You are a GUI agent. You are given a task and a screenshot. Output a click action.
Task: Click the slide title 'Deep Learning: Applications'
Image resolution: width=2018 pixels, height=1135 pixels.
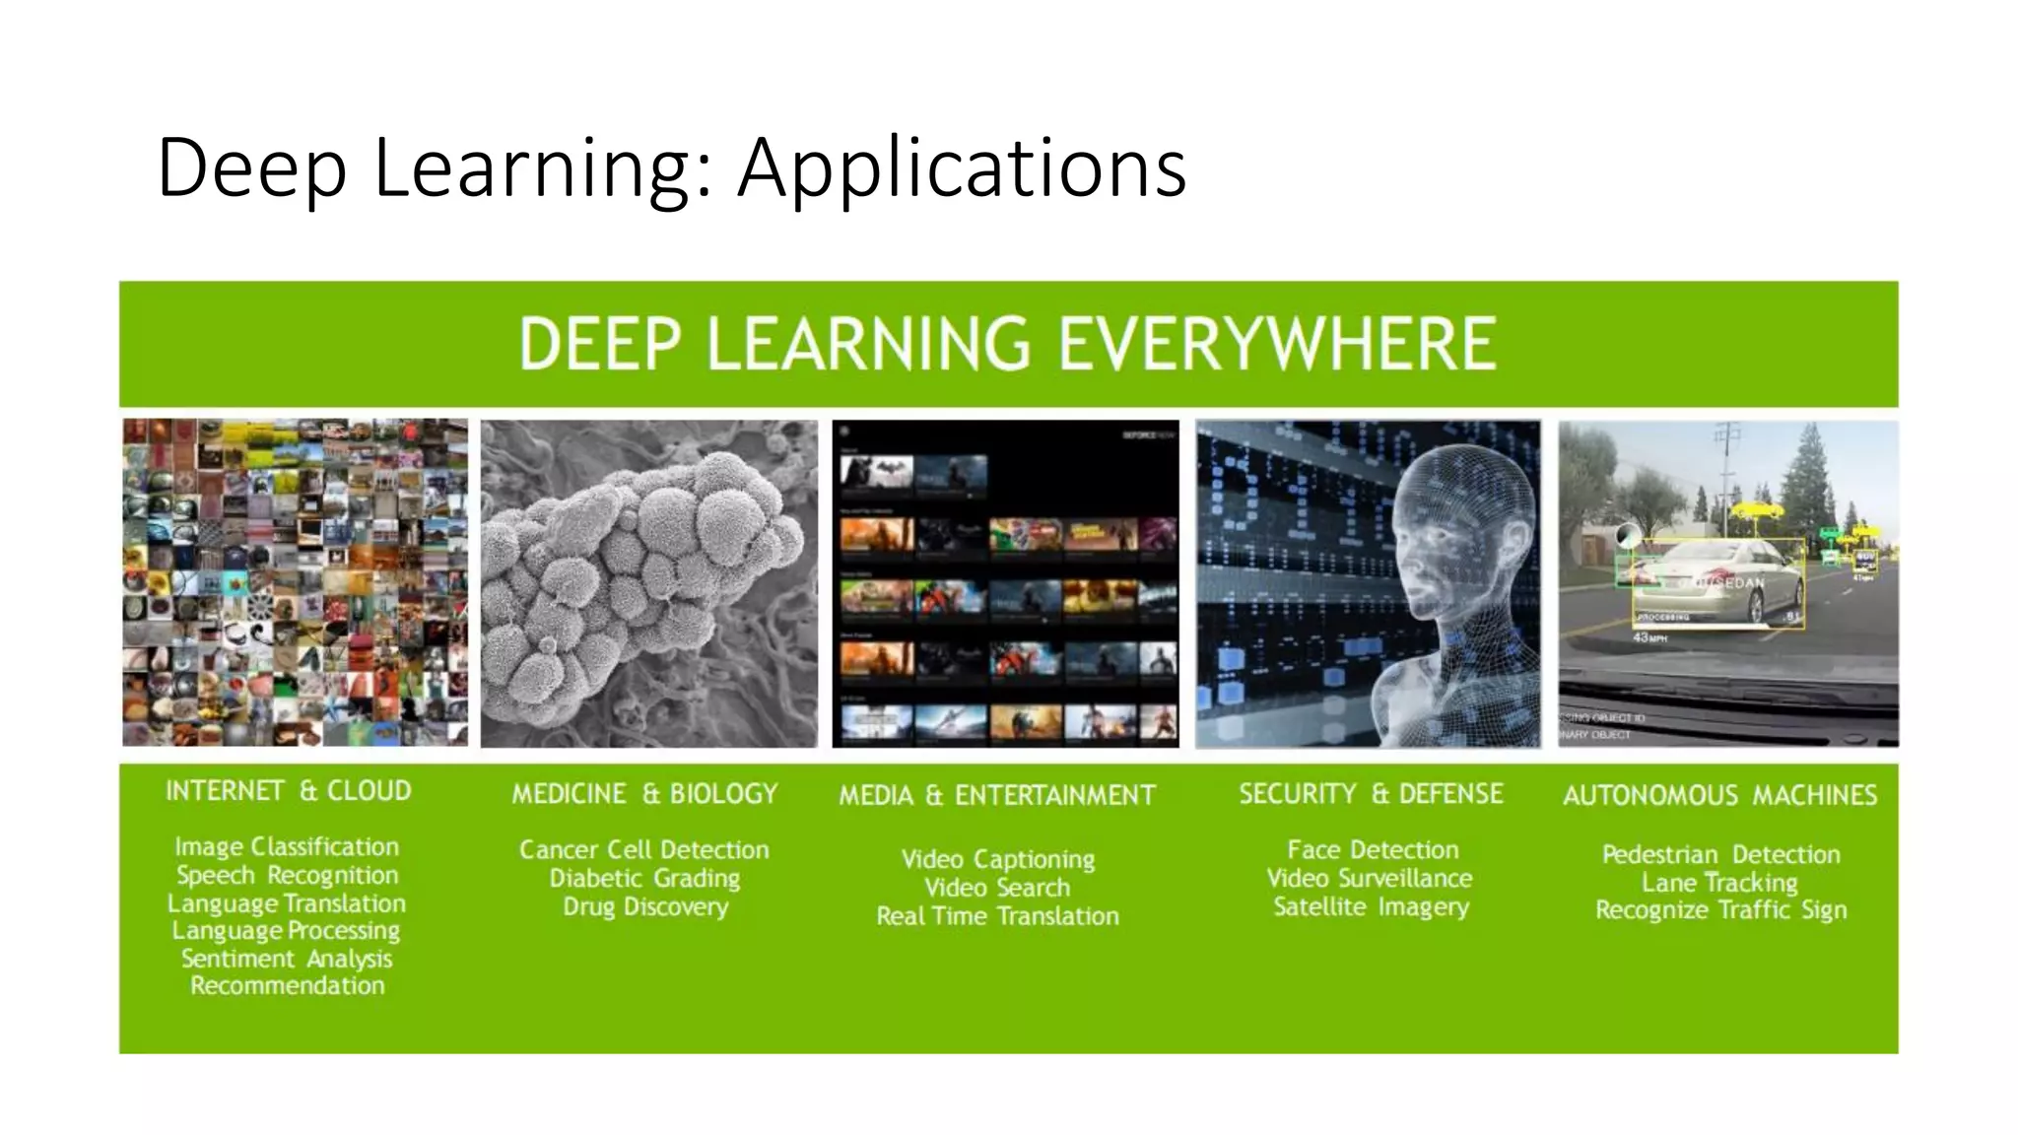coord(671,167)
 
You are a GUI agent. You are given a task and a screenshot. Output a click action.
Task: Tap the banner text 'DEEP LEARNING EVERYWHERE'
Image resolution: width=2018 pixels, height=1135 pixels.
coord(1007,344)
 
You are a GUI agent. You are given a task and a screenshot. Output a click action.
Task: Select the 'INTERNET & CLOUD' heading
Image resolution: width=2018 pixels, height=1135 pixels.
coord(288,791)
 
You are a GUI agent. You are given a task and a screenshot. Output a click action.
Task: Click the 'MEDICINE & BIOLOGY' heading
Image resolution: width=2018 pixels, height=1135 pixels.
coord(644,794)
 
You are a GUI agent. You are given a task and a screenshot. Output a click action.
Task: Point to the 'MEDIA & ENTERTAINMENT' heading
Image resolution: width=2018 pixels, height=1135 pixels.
coord(997,795)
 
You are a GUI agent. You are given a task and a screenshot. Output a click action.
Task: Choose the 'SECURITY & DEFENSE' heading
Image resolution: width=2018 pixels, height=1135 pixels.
coord(1371,794)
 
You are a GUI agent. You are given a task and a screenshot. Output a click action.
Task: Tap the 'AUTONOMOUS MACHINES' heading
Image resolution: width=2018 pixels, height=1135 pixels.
coord(1719,795)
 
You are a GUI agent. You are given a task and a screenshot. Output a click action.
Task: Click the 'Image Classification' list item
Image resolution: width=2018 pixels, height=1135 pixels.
coord(287,847)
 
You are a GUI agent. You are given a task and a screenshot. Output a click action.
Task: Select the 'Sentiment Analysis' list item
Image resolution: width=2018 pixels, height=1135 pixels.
coord(287,959)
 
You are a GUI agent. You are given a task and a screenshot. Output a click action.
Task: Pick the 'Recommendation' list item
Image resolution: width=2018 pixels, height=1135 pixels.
coord(287,986)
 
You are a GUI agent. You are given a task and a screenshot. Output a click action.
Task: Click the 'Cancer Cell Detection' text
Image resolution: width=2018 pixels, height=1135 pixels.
coord(644,850)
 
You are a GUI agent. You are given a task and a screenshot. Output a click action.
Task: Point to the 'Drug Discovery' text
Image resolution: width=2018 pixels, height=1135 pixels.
coord(645,906)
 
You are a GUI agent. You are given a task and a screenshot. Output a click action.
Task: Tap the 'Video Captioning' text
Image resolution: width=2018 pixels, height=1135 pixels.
coord(997,859)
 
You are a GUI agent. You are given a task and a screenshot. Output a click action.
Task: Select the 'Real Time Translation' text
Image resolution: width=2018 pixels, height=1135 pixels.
coord(997,916)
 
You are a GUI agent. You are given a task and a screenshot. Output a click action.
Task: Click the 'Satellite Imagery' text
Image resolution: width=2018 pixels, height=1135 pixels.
coord(1371,906)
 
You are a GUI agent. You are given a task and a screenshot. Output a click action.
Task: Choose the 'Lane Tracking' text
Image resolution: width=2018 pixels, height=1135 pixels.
coord(1719,883)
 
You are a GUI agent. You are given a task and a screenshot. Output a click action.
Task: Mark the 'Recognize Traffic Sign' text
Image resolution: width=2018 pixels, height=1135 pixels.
coord(1720,910)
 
